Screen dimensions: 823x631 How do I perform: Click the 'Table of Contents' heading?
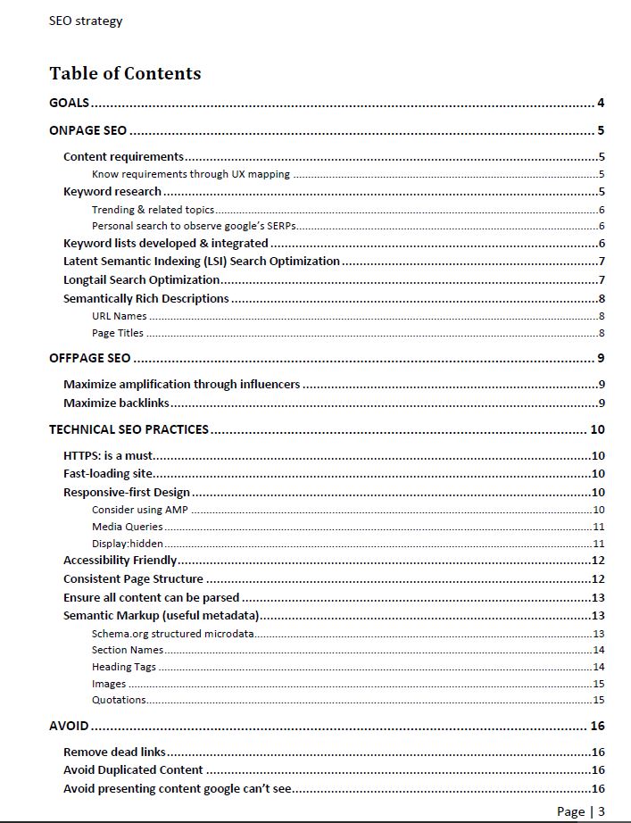click(x=125, y=73)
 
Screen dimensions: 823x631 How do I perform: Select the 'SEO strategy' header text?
click(x=86, y=21)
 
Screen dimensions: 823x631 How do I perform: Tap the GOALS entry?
click(x=70, y=103)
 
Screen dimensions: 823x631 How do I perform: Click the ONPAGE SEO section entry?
click(x=88, y=130)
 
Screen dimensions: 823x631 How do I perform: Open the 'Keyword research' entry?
click(x=112, y=191)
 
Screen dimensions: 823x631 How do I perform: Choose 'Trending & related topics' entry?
click(x=153, y=210)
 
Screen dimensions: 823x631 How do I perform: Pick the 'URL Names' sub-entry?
click(x=120, y=316)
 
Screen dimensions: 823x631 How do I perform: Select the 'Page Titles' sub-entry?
click(x=118, y=333)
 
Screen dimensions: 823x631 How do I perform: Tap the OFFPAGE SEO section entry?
click(x=90, y=359)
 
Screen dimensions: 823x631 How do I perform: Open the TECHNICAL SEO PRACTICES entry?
click(x=129, y=429)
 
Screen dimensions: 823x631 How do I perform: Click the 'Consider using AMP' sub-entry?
click(x=139, y=510)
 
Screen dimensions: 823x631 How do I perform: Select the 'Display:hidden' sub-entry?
click(x=128, y=544)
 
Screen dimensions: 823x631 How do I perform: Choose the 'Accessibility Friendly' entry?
click(x=120, y=561)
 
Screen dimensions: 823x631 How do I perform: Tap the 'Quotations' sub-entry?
click(x=119, y=700)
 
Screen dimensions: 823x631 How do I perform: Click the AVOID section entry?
click(x=69, y=726)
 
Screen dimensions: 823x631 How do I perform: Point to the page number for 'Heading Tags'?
click(x=599, y=667)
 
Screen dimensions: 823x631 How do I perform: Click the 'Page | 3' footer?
click(x=581, y=811)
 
